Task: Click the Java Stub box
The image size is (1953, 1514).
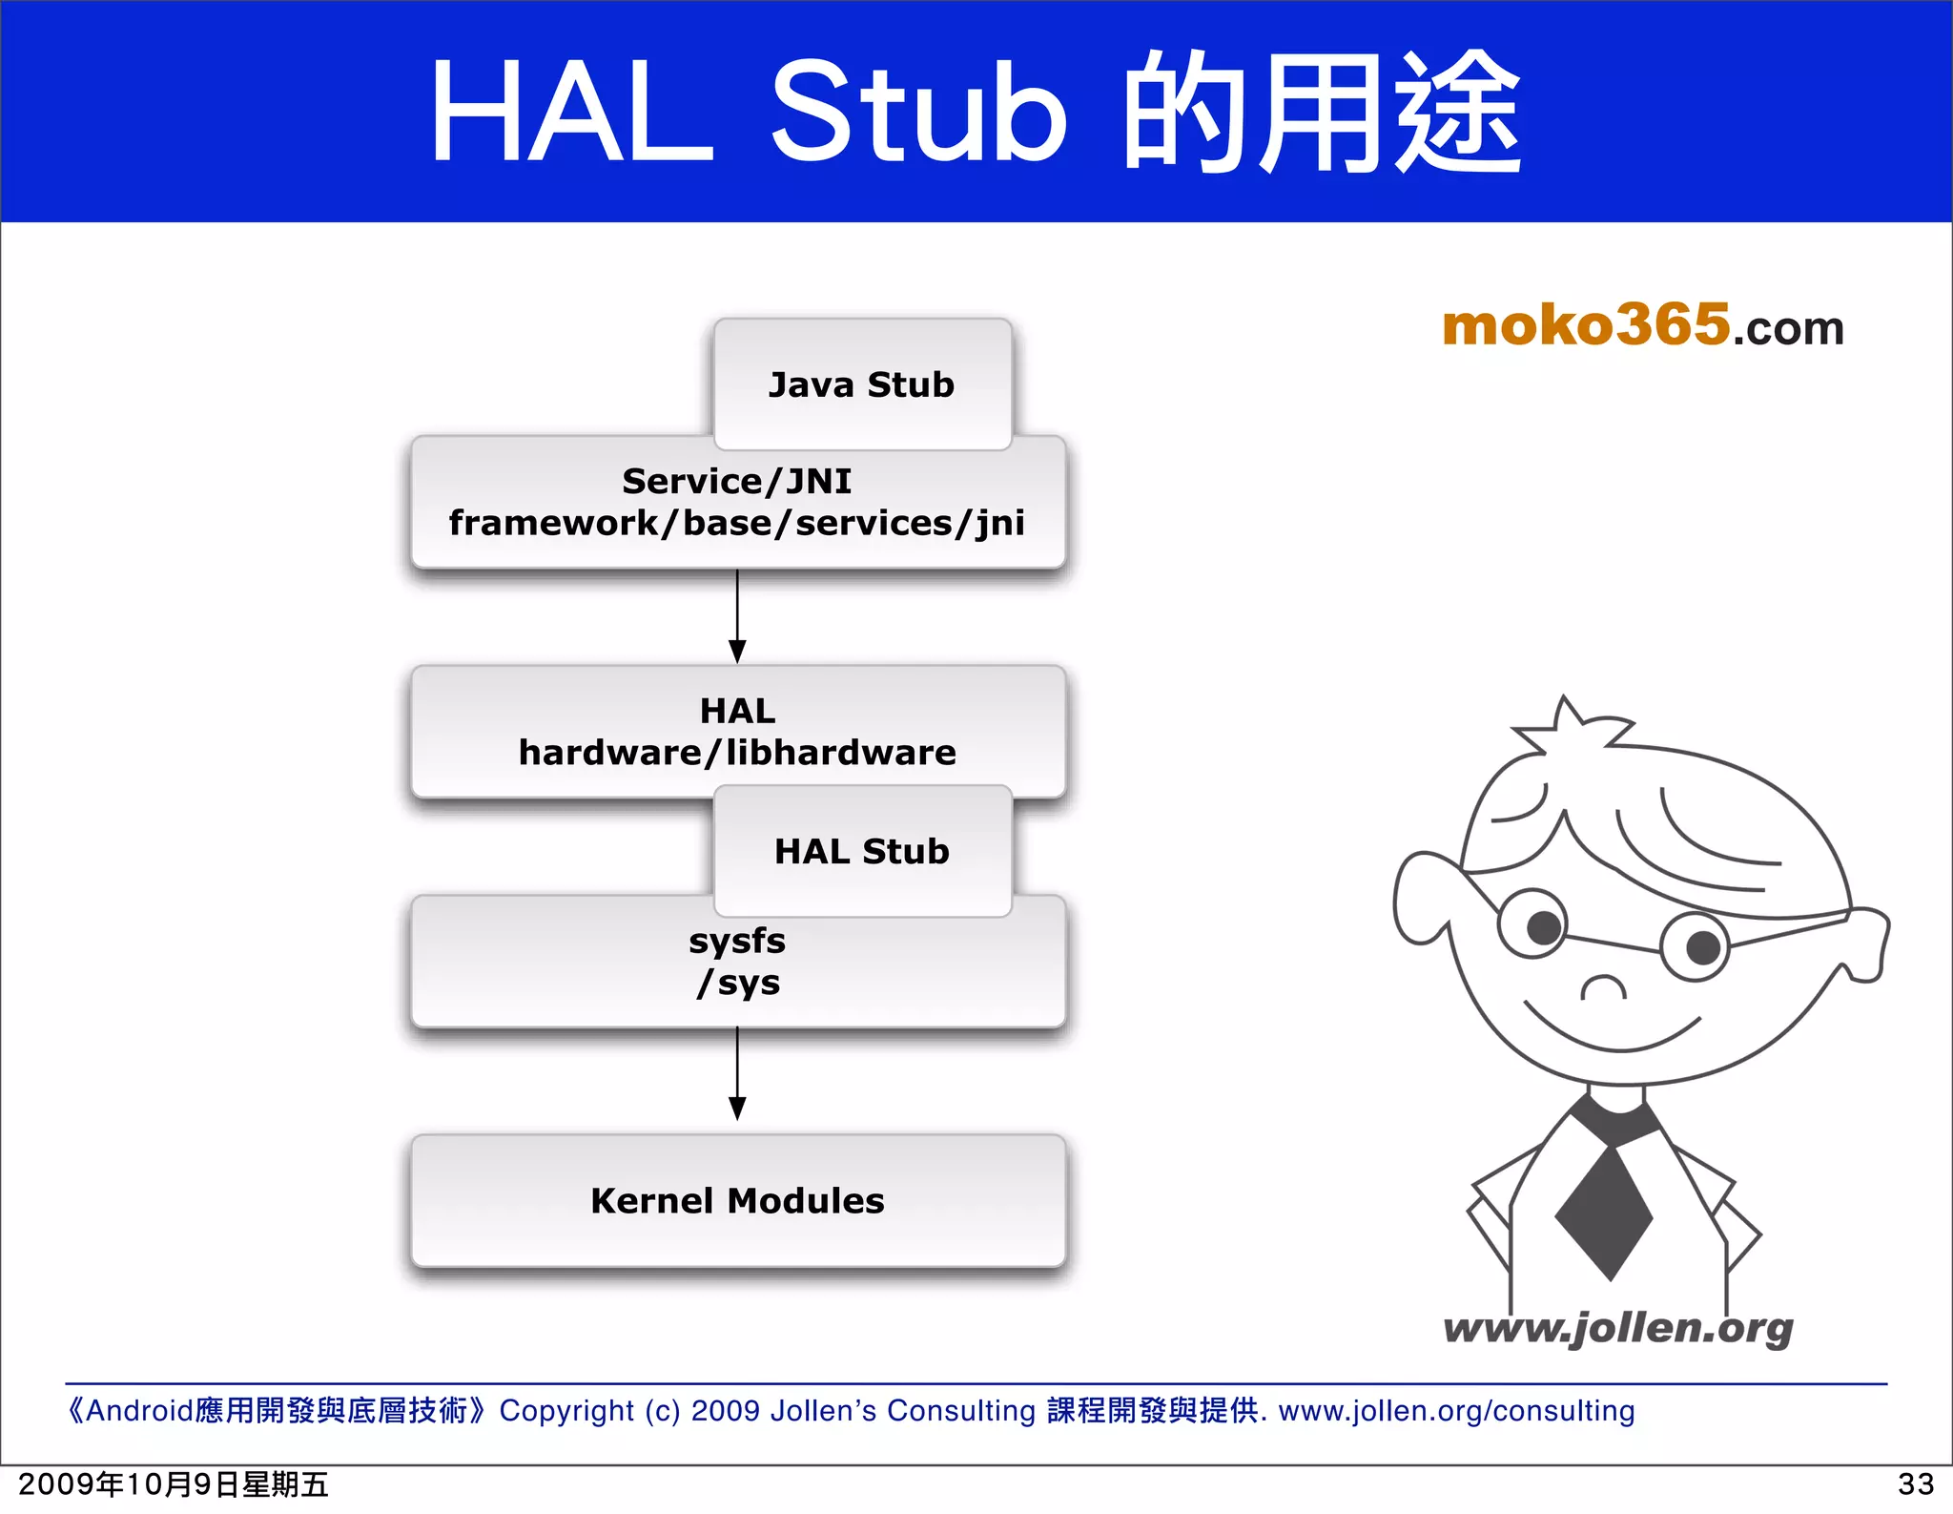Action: [x=861, y=384]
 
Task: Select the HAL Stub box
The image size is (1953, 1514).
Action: [x=861, y=851]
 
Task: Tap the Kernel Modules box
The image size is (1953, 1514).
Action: [x=737, y=1200]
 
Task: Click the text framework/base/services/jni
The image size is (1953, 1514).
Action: [x=737, y=523]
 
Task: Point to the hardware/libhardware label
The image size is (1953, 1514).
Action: [x=737, y=753]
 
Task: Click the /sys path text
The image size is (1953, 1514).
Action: [x=738, y=983]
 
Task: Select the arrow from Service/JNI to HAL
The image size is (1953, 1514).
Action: [x=737, y=616]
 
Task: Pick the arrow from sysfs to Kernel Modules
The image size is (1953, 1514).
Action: [x=737, y=1074]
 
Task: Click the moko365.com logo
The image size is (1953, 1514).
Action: [x=1642, y=326]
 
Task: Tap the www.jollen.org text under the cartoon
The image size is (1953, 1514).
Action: [x=1617, y=1328]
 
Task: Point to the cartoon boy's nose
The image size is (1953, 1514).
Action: [x=1603, y=987]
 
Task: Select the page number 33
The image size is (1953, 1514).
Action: [x=1915, y=1484]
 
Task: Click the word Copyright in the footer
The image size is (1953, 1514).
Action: [x=566, y=1410]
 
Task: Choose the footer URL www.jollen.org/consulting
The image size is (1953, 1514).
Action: [x=1456, y=1410]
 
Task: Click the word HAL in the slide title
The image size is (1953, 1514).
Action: [x=571, y=113]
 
